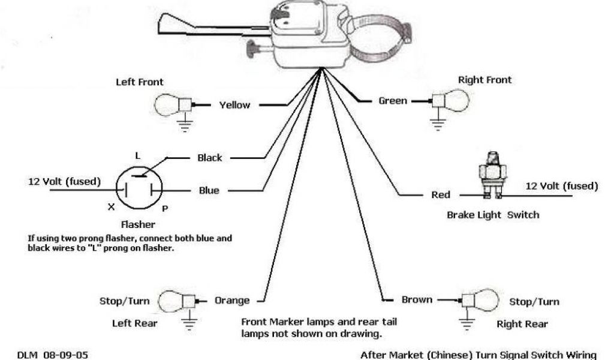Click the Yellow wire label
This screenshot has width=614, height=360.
(234, 105)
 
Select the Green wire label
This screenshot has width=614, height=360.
(393, 101)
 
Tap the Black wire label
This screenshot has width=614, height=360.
(210, 158)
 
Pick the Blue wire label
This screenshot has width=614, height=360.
(209, 191)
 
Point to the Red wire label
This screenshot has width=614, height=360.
(441, 195)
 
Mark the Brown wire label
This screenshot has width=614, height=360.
(416, 299)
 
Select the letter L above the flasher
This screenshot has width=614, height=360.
(137, 155)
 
